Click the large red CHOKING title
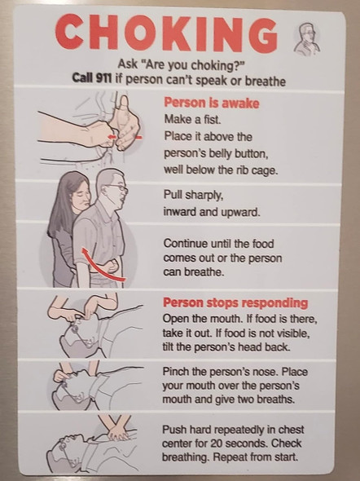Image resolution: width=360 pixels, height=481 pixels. tap(166, 33)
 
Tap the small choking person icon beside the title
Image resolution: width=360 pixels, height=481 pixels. tap(306, 38)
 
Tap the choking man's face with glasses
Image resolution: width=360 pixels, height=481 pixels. tap(116, 189)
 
